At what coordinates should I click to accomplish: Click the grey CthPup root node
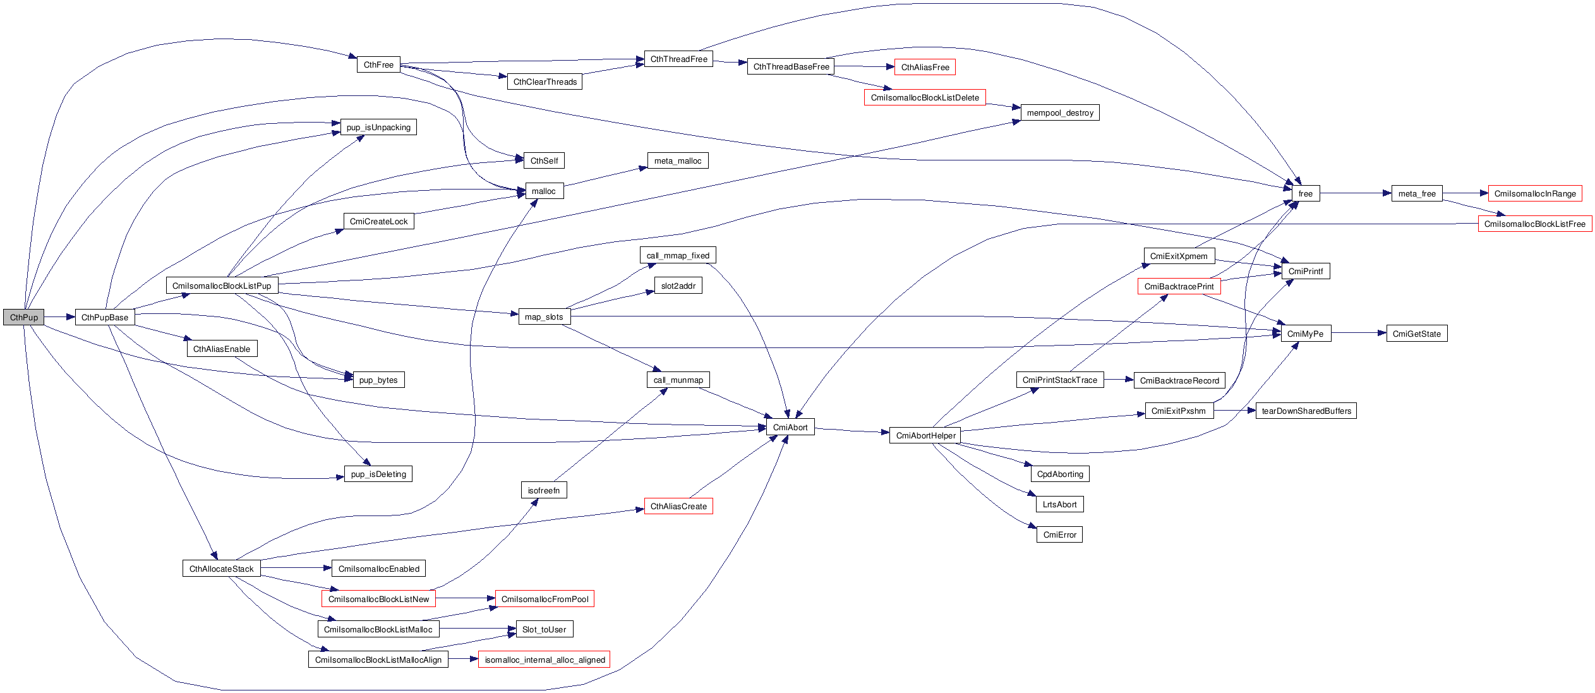[x=23, y=317]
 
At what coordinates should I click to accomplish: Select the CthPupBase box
[x=105, y=317]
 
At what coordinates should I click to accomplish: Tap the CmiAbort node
[x=790, y=427]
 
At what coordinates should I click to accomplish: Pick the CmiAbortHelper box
[x=925, y=435]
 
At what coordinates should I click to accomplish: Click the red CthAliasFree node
[x=925, y=67]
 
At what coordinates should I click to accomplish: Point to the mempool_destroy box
[x=1060, y=112]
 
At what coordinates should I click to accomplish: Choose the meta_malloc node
[x=678, y=160]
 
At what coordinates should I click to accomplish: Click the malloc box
[x=544, y=191]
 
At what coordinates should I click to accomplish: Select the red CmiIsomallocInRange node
[x=1535, y=193]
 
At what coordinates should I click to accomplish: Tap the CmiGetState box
[x=1417, y=334]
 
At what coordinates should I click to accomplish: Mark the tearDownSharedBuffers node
[x=1306, y=411]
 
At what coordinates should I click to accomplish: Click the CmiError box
[x=1059, y=534]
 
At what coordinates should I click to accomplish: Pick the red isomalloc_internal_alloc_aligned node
[x=545, y=660]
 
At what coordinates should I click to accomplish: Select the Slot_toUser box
[x=544, y=629]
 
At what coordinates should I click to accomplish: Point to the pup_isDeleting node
[x=378, y=474]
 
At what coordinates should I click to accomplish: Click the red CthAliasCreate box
[x=678, y=506]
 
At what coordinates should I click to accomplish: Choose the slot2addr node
[x=678, y=286]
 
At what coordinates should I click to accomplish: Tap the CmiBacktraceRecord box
[x=1179, y=380]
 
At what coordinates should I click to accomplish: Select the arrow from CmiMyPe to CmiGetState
[x=1359, y=333]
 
